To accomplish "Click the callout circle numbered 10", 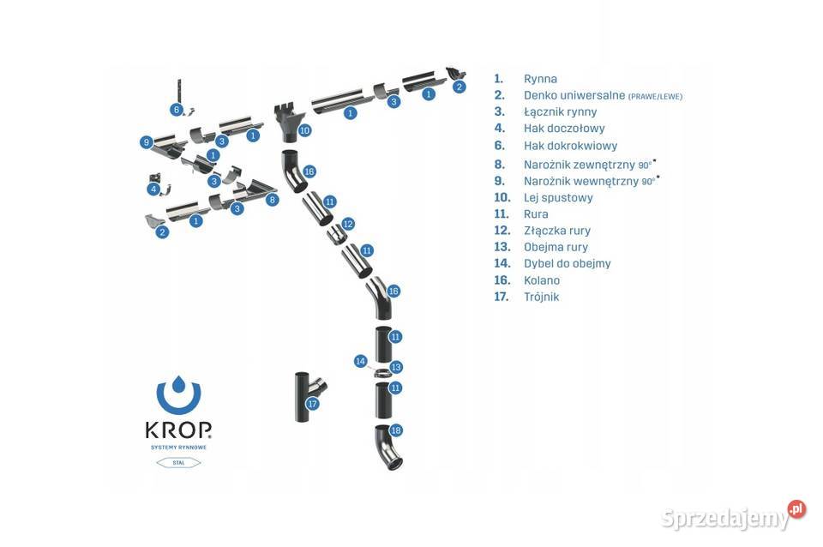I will [305, 130].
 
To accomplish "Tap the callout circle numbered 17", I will [313, 404].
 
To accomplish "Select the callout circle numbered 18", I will [395, 430].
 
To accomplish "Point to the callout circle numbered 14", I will [361, 361].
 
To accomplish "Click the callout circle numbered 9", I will [147, 142].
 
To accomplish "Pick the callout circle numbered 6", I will [176, 110].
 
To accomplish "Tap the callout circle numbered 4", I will [153, 189].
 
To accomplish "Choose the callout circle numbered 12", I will [348, 224].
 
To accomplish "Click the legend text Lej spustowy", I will [558, 197].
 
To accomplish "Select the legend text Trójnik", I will [541, 297].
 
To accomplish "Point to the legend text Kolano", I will [542, 280].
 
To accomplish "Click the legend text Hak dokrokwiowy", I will [570, 146].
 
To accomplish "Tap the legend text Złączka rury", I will [557, 231].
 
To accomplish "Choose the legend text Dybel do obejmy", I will [568, 263].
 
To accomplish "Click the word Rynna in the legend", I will [540, 79].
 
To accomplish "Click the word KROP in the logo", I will [178, 430].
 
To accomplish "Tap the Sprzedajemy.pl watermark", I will [733, 516].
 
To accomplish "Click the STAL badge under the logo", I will [178, 462].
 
